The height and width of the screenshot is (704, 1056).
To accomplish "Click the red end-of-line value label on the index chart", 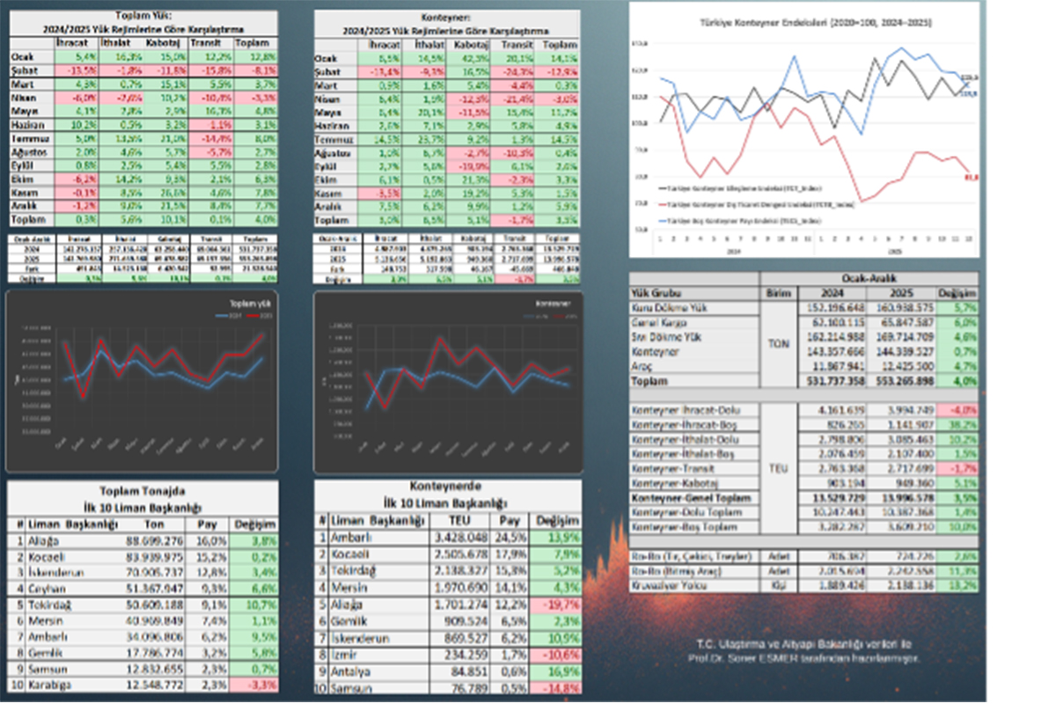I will [x=972, y=177].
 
